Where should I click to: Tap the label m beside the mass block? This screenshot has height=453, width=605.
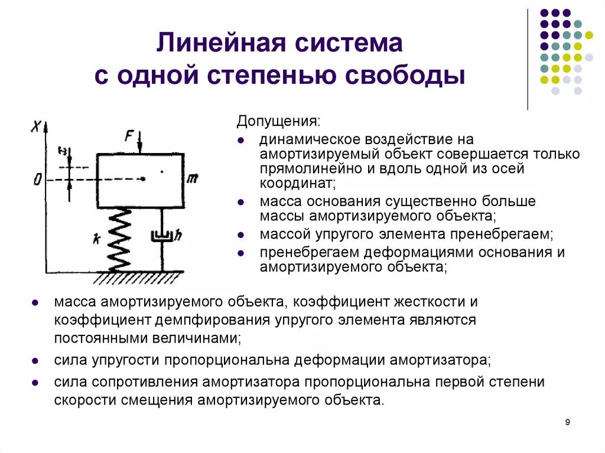tap(192, 179)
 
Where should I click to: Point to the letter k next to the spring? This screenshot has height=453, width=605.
tap(95, 239)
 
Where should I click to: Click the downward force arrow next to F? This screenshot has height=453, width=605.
tap(140, 142)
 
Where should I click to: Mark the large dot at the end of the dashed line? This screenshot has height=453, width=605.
tap(143, 178)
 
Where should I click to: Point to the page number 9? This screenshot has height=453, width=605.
tap(568, 422)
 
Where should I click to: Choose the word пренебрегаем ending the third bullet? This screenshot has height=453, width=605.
tap(502, 234)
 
